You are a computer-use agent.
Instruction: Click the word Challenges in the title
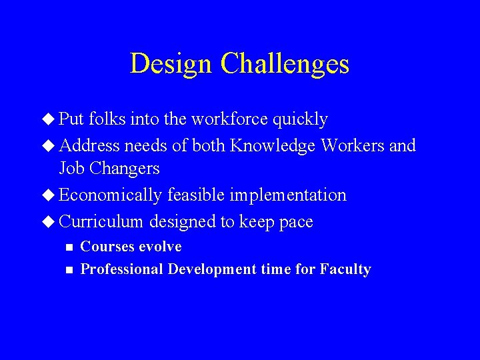coord(285,64)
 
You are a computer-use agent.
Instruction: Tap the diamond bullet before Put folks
coord(51,119)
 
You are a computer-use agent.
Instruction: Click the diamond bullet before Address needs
coord(51,145)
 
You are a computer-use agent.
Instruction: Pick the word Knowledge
coord(273,145)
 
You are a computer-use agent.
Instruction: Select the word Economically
coord(111,195)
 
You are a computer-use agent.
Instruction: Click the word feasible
coord(198,195)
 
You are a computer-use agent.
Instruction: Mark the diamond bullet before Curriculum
coord(51,221)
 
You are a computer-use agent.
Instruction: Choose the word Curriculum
coord(101,221)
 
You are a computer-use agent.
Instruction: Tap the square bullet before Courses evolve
coord(67,247)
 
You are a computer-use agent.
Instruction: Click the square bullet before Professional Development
coord(67,270)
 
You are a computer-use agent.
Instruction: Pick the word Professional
coord(121,269)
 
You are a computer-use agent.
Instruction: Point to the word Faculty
coord(345,269)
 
